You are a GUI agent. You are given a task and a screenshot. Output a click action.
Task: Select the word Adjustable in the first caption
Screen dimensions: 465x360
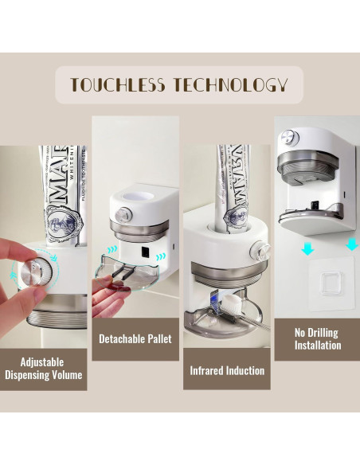tap(42, 361)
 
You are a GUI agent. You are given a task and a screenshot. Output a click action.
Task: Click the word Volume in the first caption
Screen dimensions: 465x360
tap(63, 374)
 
